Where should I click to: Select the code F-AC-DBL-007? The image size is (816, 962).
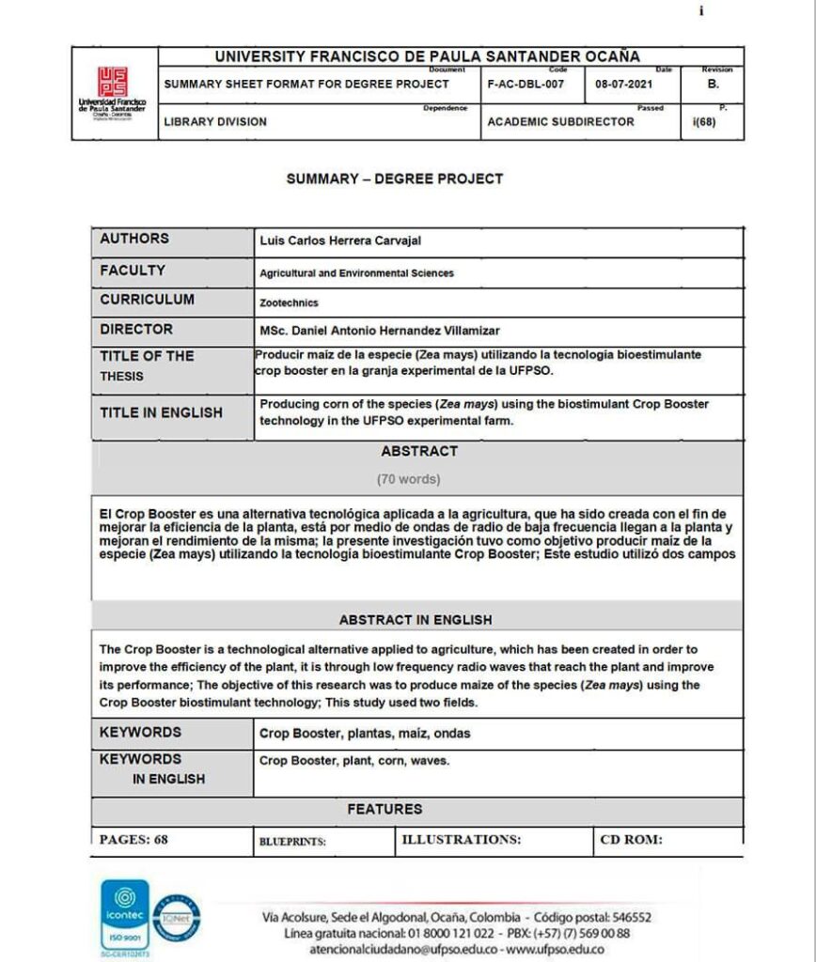click(526, 84)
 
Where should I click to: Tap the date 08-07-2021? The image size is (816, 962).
click(623, 84)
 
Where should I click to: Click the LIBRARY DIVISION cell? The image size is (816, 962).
click(215, 121)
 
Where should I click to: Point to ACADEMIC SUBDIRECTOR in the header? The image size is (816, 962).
click(560, 121)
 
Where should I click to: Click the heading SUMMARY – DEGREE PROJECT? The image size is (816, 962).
click(395, 178)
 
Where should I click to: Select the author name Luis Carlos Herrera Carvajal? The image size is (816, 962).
click(340, 241)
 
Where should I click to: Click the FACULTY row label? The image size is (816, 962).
click(133, 271)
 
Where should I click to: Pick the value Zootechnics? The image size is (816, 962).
click(289, 303)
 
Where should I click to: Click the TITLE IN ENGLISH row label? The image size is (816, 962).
click(161, 412)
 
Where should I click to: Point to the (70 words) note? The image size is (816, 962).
click(408, 479)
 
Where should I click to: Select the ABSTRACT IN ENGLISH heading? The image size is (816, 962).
click(415, 620)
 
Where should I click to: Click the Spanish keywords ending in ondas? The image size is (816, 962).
click(365, 733)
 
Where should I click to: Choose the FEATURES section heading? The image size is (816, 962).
click(384, 809)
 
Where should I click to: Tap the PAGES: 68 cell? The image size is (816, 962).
click(134, 840)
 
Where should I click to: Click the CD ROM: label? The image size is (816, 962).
click(631, 840)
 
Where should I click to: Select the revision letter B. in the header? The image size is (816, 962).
click(713, 84)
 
